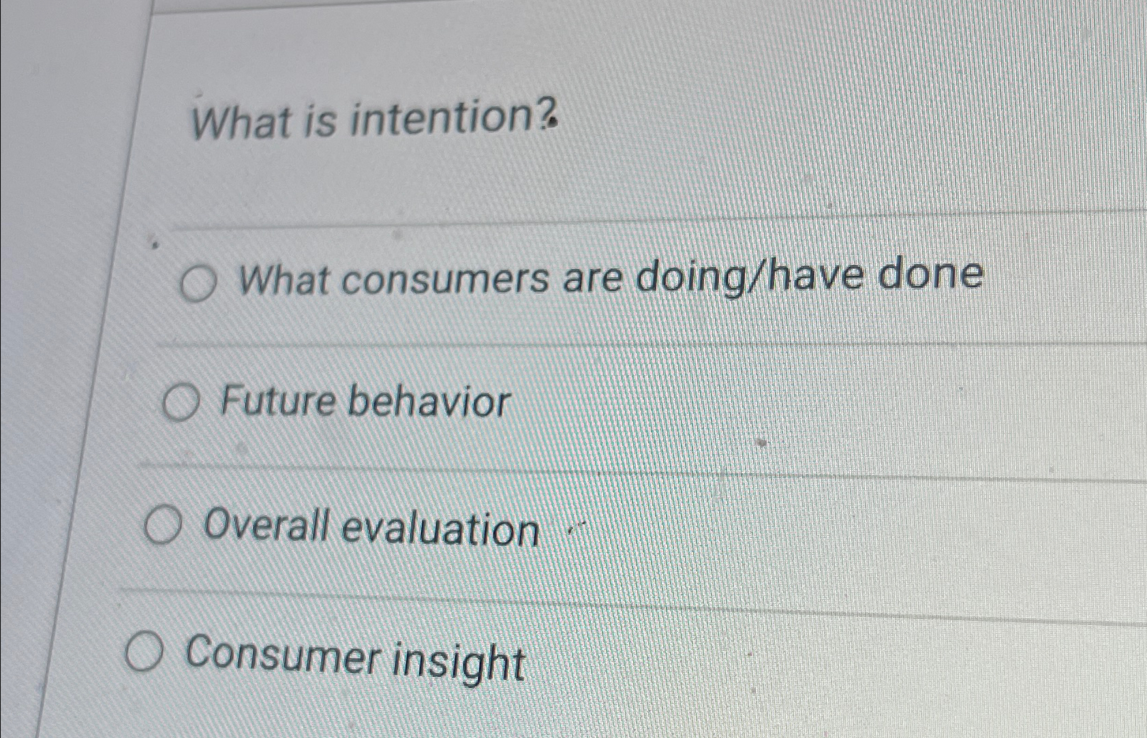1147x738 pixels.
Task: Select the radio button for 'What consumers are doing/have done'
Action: pyautogui.click(x=198, y=285)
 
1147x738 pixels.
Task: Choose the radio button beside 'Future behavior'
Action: pyautogui.click(x=180, y=404)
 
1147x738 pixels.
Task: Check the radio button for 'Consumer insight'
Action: pyautogui.click(x=144, y=654)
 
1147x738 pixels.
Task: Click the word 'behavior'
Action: pyautogui.click(x=429, y=402)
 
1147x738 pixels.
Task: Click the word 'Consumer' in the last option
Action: pyautogui.click(x=279, y=656)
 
